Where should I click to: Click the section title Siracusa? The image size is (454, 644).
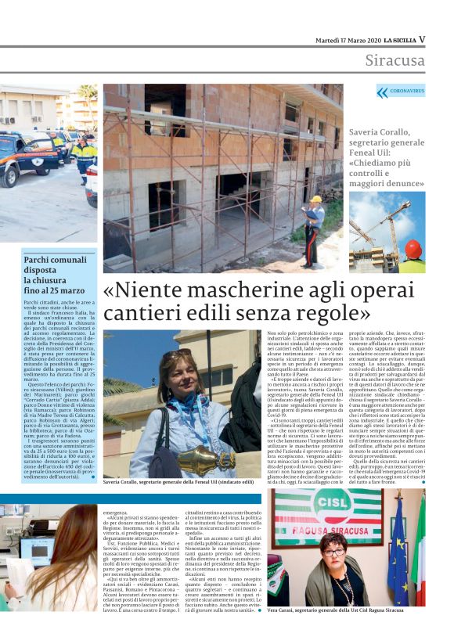[395, 60]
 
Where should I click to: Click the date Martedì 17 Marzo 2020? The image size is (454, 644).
[348, 39]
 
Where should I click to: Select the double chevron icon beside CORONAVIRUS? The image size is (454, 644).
[382, 92]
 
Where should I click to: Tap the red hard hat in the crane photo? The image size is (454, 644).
[413, 250]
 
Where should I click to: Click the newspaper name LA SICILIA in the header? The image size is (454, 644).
[398, 39]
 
